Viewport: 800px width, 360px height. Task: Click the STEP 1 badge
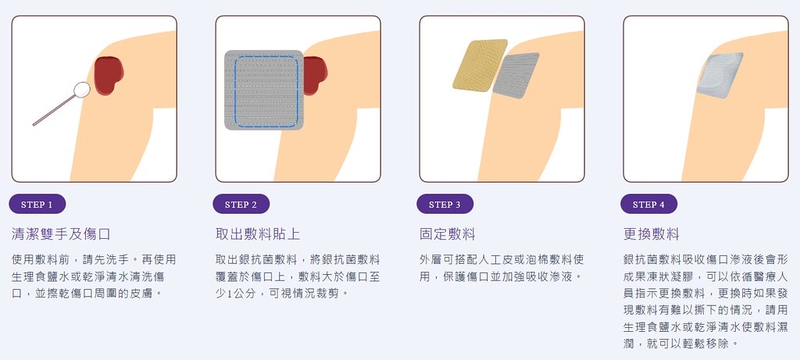37,205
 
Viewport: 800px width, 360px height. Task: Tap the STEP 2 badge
241,205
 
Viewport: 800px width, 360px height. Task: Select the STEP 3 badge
445,205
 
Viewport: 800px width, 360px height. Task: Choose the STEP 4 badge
648,205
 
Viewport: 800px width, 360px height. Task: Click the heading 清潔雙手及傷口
61,234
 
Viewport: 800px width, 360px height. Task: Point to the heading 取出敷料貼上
258,234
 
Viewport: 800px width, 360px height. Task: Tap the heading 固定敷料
448,234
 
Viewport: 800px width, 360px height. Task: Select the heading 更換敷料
652,234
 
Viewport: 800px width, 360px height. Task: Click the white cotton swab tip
81,89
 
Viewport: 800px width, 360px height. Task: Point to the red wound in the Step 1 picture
107,75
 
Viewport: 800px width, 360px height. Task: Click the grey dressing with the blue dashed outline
263,90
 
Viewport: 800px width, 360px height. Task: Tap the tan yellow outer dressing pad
480,65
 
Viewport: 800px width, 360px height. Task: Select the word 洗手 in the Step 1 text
116,258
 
